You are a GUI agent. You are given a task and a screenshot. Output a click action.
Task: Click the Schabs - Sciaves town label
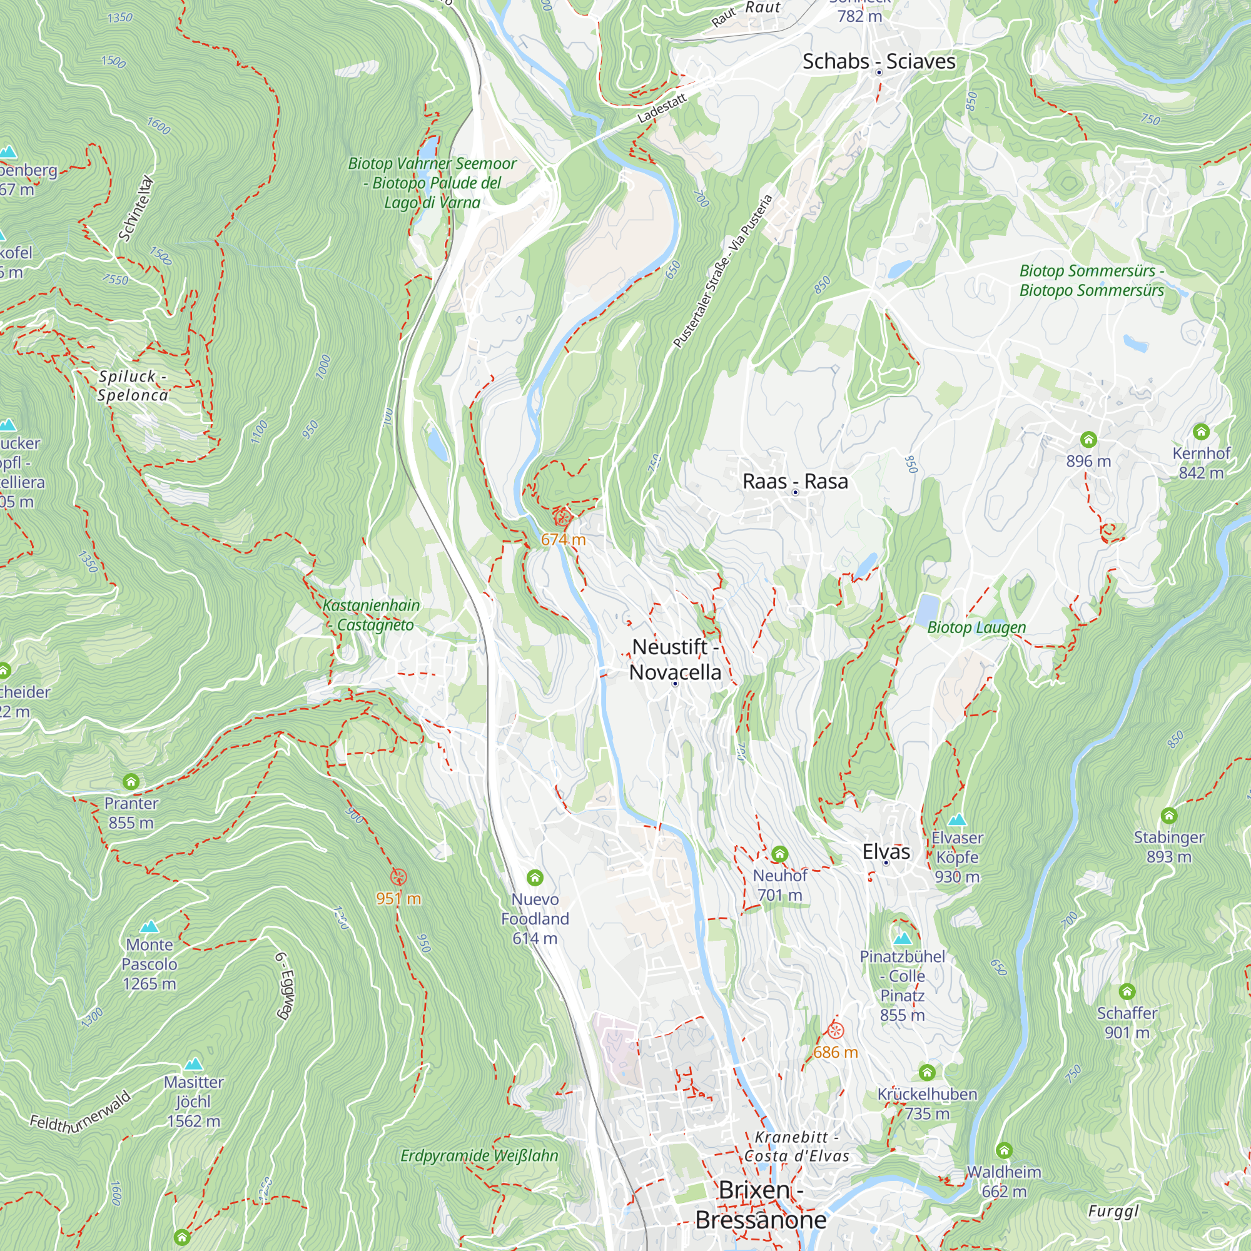coord(878,61)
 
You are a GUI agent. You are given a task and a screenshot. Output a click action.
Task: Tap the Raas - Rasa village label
coord(794,482)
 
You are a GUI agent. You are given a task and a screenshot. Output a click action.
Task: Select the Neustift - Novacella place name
coord(675,659)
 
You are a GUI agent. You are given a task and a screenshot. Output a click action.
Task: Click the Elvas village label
coord(886,851)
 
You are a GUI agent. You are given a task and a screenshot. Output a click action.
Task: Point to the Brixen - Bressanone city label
coord(761,1205)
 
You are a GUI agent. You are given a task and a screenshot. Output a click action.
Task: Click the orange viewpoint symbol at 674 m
coord(562,518)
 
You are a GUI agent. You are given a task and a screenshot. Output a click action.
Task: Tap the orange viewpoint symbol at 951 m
coord(399,878)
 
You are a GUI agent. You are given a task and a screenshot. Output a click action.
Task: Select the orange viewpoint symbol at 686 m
coord(835,1030)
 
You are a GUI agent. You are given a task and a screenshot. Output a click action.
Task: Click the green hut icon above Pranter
coord(131,781)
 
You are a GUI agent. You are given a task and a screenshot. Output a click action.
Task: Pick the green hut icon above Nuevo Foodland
coord(535,878)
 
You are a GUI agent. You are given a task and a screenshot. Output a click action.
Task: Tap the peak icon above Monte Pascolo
coord(149,926)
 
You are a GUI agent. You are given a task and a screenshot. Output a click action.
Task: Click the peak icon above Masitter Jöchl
coord(194,1064)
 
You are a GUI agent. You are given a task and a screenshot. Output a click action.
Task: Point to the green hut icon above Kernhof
coord(1201,431)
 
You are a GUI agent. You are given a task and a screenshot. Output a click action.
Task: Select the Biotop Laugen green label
coord(976,627)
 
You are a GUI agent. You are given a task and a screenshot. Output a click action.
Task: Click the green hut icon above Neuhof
coord(779,853)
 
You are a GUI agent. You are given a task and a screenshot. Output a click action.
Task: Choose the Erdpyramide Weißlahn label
coord(479,1156)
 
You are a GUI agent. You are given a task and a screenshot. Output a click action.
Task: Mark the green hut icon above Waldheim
coord(1005,1150)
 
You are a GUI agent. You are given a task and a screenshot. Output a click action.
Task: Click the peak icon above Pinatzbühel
coord(903,938)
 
